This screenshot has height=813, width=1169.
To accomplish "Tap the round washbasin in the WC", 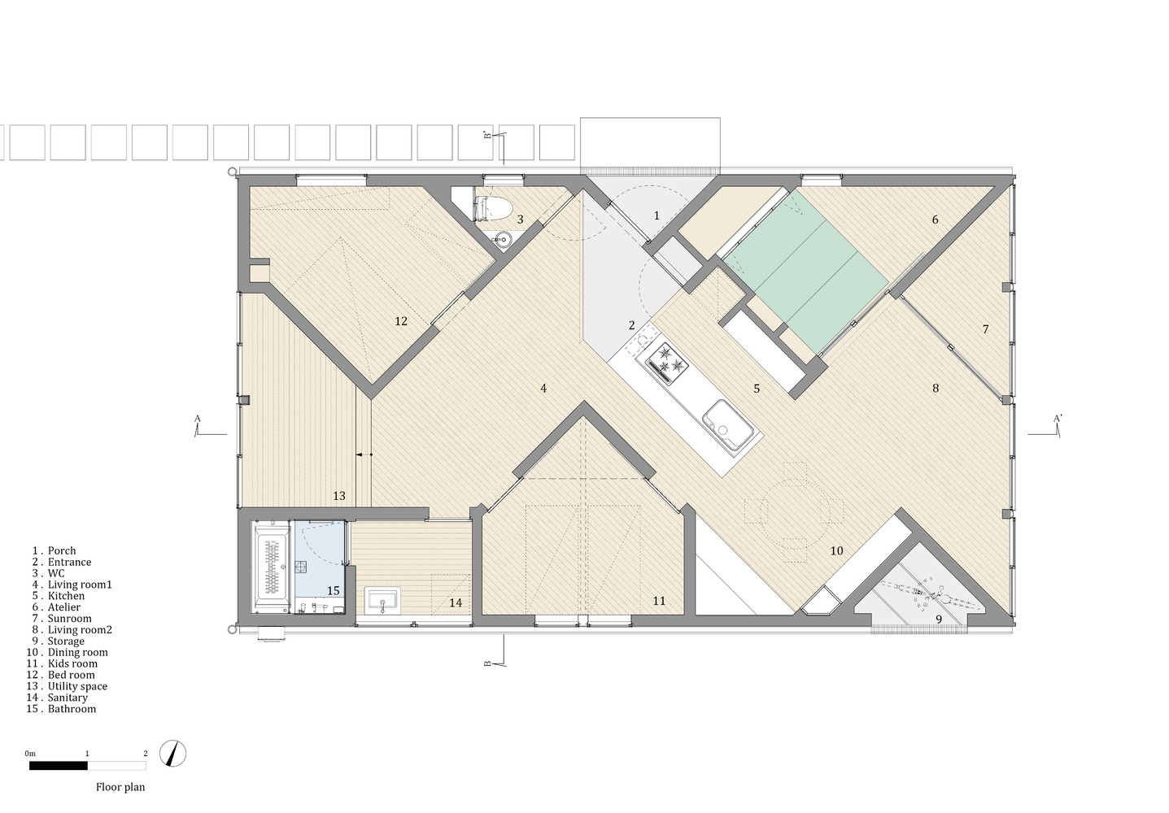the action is (503, 240).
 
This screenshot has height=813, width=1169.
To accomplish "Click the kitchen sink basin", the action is (727, 424).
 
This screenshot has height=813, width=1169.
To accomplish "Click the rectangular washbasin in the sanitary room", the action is (382, 601).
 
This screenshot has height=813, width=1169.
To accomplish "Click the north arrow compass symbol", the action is (172, 754).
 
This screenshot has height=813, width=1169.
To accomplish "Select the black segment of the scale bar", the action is (59, 766).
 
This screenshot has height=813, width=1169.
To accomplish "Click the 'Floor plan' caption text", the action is (120, 788).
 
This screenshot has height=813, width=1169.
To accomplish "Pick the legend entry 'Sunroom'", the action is (69, 619).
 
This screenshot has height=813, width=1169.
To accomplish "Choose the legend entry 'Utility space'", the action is (77, 686).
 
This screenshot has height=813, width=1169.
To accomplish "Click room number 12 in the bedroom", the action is (401, 321).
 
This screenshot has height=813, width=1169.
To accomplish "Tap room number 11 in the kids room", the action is (659, 601).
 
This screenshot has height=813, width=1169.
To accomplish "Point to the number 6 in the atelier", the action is (936, 220).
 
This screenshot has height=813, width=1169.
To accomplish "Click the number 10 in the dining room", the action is (836, 550).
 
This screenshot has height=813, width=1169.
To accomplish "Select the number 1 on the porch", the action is (657, 215).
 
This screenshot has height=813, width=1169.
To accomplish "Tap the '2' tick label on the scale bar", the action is (146, 754).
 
